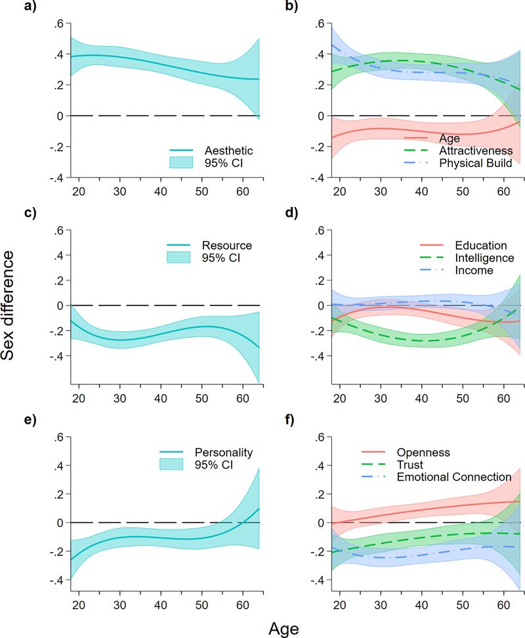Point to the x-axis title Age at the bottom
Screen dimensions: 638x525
(283, 629)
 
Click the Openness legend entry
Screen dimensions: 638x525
(423, 452)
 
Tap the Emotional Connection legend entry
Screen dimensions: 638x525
(453, 476)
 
